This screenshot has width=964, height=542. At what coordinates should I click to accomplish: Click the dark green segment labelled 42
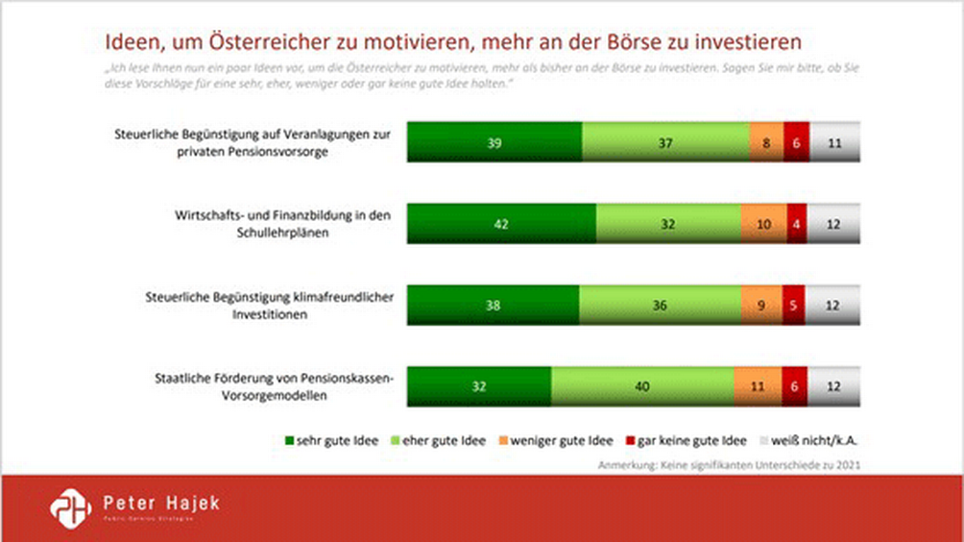[x=500, y=223]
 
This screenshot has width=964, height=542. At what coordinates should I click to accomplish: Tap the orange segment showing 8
[x=766, y=141]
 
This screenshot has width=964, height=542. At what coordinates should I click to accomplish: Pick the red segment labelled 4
[x=797, y=223]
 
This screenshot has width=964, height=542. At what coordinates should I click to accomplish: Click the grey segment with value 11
[x=834, y=141]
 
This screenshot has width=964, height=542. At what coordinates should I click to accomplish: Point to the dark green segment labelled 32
[x=479, y=386]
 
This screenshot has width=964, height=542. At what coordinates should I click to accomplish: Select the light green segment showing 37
[x=665, y=141]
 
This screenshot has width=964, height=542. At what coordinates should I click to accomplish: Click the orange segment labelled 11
[x=758, y=386]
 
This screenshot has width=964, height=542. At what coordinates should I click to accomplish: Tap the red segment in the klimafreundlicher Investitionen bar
[x=793, y=305]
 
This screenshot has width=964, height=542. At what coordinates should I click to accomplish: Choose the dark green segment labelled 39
[x=494, y=141]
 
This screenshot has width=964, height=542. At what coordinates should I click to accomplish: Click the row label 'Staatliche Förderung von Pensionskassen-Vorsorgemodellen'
[x=275, y=386]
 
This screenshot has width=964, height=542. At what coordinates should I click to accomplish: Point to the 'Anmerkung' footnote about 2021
[x=728, y=466]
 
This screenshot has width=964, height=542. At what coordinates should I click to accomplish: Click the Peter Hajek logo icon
[x=69, y=507]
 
